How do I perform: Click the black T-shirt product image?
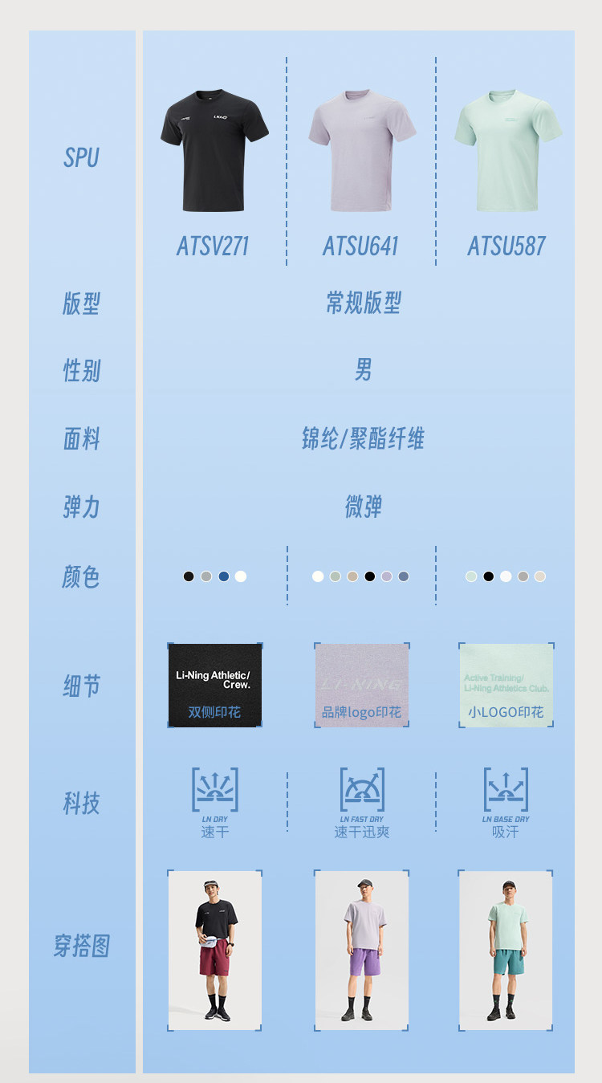(x=214, y=151)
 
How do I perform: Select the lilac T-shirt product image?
(x=362, y=152)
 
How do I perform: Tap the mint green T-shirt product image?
(x=508, y=150)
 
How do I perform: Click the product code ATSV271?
(x=214, y=246)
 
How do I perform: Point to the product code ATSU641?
(x=360, y=246)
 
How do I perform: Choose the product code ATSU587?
(x=506, y=246)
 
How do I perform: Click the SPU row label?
(x=82, y=158)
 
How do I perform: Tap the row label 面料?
(x=82, y=439)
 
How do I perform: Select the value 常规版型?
(x=363, y=303)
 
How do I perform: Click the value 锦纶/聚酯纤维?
(x=363, y=439)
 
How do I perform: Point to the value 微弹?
(x=363, y=507)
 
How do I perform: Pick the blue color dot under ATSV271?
(x=224, y=576)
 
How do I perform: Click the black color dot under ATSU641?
(x=370, y=576)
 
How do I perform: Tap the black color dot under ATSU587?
(x=489, y=576)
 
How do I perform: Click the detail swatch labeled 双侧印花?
(x=215, y=685)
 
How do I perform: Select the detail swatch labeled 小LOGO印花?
(x=506, y=685)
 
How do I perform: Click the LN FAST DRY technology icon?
(x=362, y=791)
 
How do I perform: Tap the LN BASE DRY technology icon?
(x=506, y=791)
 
